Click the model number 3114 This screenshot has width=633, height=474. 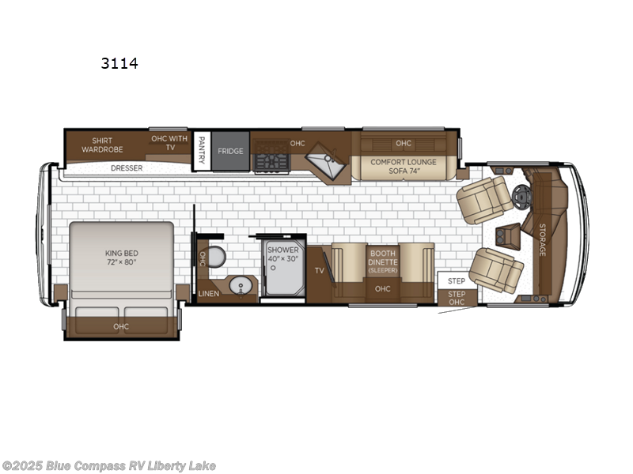pyautogui.click(x=119, y=63)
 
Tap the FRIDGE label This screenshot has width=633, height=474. pyautogui.click(x=230, y=151)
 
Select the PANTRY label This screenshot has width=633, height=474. pyautogui.click(x=202, y=149)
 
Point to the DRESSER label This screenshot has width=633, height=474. pyautogui.click(x=127, y=167)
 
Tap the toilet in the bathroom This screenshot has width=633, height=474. pyautogui.click(x=217, y=257)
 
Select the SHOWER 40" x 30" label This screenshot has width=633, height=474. pyautogui.click(x=282, y=254)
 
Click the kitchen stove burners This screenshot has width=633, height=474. pyautogui.click(x=271, y=162)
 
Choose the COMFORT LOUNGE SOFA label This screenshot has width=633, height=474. pyautogui.click(x=404, y=165)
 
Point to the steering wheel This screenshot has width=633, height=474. pyautogui.click(x=520, y=195)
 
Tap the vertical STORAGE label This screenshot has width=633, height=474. pyautogui.click(x=542, y=239)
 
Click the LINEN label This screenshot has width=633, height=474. pyautogui.click(x=208, y=293)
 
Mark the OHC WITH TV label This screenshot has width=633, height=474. pyautogui.click(x=169, y=143)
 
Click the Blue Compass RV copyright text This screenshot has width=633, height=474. pyautogui.click(x=108, y=465)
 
